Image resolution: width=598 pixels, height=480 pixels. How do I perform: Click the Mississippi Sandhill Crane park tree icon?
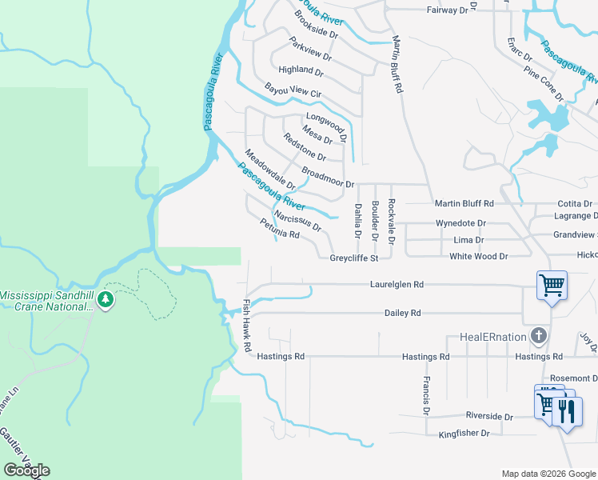coord(106,301)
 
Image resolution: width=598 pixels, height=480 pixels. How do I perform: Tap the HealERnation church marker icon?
coord(540,336)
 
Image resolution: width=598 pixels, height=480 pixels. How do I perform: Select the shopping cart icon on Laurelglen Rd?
coord(552,285)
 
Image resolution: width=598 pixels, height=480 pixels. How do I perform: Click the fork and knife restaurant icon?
coord(567,411)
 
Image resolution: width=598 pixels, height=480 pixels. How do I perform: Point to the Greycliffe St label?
coord(354,258)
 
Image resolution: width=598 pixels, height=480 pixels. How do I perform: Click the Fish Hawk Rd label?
coord(246,326)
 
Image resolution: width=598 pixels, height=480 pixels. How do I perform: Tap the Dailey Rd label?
coord(403,314)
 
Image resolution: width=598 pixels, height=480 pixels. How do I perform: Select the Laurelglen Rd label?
coord(397,284)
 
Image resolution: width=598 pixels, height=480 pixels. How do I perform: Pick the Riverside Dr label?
coord(490,417)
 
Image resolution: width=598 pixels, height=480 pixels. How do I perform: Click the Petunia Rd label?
coord(279,230)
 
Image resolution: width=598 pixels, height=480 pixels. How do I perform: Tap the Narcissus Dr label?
coord(297,221)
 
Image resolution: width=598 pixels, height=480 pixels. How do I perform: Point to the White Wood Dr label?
coord(479,256)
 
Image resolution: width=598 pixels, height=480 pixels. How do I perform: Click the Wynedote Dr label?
coord(460,223)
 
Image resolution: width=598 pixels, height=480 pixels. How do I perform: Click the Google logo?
coord(26,470)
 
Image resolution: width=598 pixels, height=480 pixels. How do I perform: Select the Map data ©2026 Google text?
coord(548,474)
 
